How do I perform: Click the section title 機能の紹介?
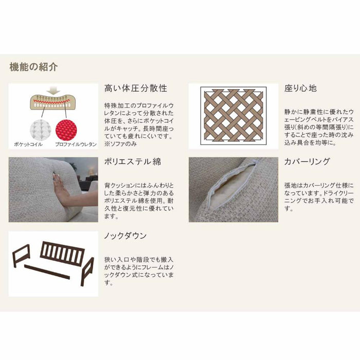coord(33,67)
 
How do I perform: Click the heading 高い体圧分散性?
coord(136,88)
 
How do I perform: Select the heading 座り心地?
coord(300,88)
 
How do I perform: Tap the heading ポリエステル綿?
coord(133,161)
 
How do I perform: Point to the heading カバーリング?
coord(307,161)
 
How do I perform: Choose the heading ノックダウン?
coord(125,236)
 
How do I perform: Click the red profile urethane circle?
coord(66,129)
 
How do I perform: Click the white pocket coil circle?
coord(41,129)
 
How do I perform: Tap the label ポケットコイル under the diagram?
coord(28,145)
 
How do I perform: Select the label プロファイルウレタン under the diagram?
coord(76,145)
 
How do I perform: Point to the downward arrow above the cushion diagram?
coord(55,91)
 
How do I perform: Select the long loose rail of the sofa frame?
coord(47,272)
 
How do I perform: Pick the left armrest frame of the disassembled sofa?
coord(22,256)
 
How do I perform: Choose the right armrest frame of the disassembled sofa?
coord(87,272)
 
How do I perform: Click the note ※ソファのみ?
coord(120,144)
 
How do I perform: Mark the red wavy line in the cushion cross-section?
coord(51,101)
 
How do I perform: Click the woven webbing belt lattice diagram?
coord(233,116)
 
